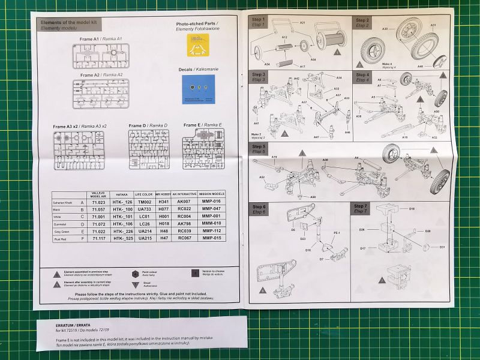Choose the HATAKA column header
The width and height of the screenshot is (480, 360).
point(121,194)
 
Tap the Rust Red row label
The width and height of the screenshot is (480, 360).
point(62,239)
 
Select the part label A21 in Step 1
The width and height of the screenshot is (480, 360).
point(302,22)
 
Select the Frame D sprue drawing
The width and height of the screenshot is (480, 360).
point(149,149)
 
